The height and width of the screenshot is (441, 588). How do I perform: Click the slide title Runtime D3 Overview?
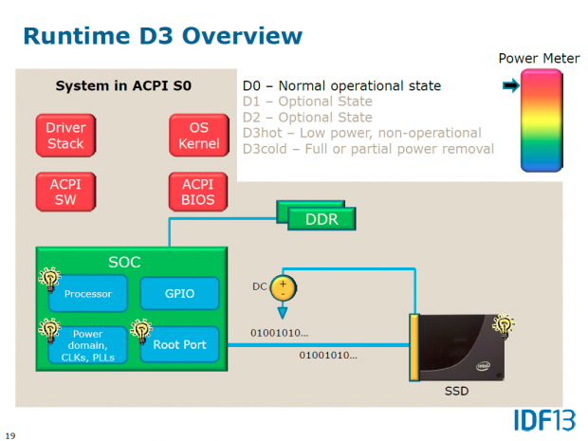point(162,36)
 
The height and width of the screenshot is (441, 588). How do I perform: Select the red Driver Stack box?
point(65,135)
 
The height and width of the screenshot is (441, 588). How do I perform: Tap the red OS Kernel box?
point(197,135)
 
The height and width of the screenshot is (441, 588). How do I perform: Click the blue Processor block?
point(88,294)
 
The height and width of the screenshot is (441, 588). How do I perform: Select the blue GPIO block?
point(179,294)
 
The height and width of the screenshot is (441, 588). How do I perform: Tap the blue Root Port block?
point(179,345)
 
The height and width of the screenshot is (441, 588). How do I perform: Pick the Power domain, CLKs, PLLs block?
point(88,345)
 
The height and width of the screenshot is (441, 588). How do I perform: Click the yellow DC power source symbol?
point(282,285)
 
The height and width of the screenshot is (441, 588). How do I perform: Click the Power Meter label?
point(539,59)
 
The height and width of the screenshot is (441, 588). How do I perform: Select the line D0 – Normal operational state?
point(341,86)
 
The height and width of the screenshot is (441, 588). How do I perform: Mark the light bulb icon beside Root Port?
point(141,330)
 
